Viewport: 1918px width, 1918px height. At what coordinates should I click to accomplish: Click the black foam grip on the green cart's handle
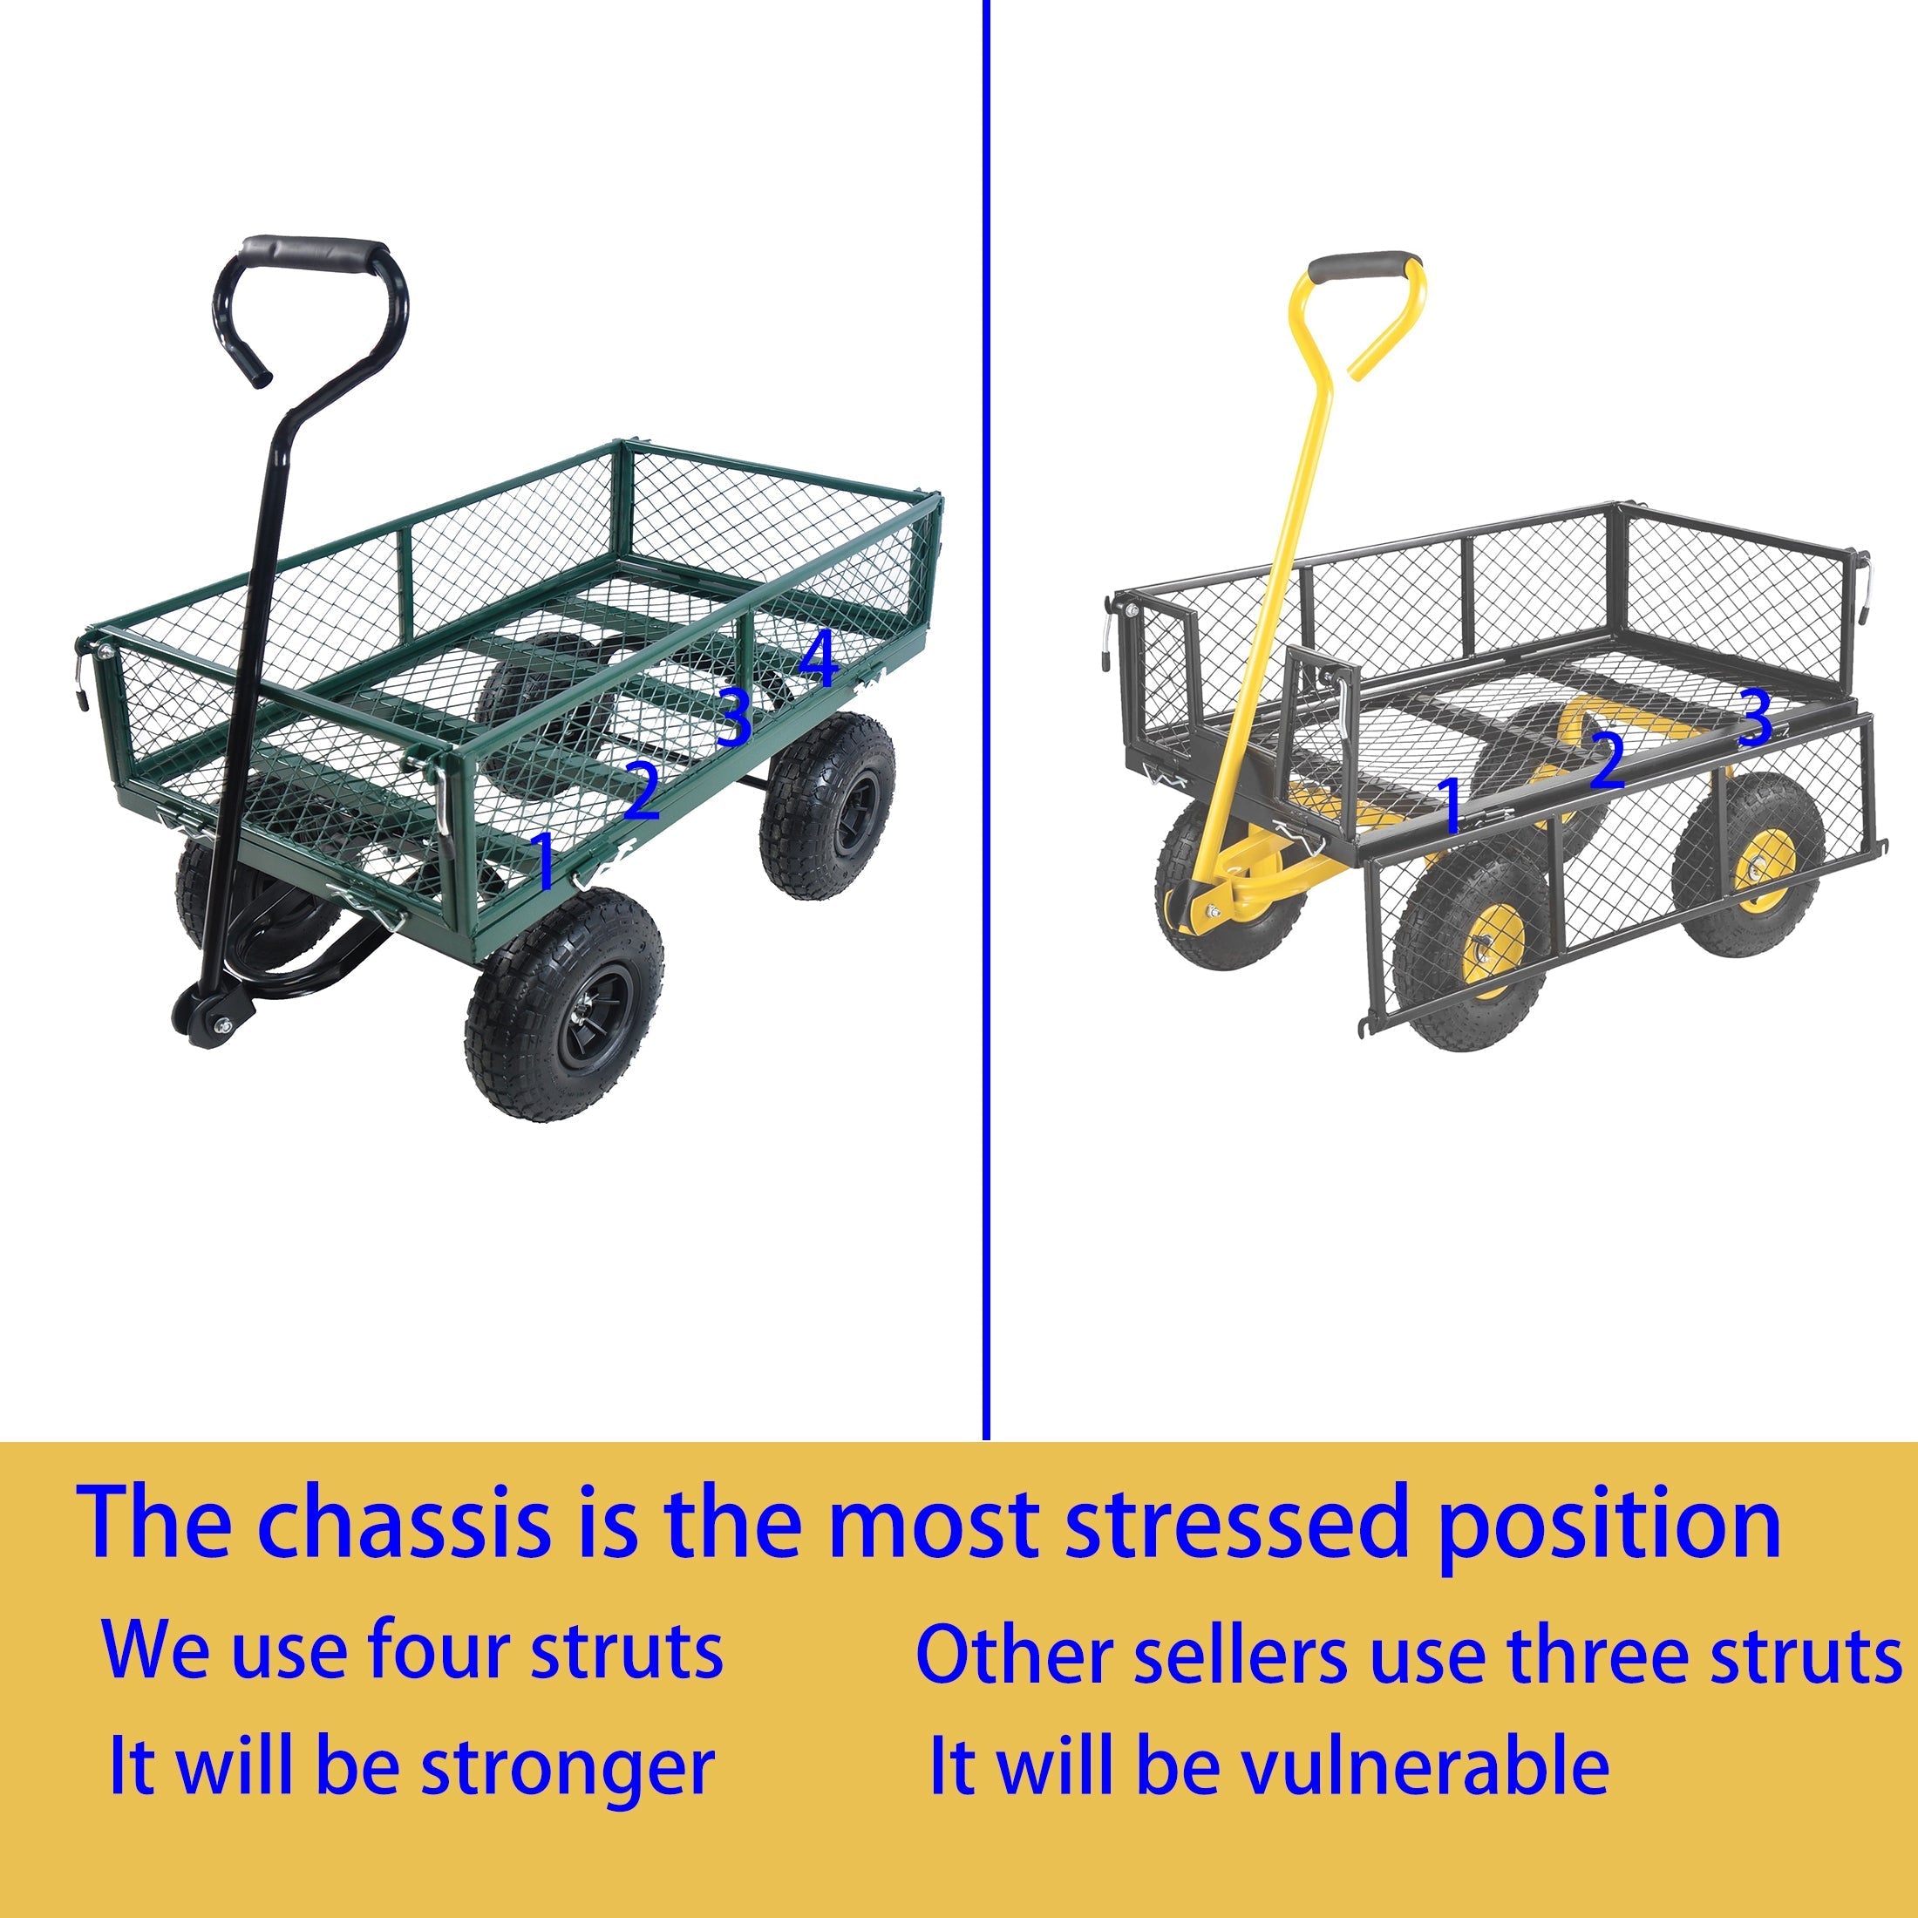tap(314, 252)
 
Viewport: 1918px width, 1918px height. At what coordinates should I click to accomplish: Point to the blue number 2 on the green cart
tap(643, 788)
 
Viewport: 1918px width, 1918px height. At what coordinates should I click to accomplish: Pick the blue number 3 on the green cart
tap(734, 717)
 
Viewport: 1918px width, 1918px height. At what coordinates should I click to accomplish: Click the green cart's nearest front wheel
tap(564, 1003)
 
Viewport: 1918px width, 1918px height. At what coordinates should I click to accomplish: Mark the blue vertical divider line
tap(986, 720)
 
